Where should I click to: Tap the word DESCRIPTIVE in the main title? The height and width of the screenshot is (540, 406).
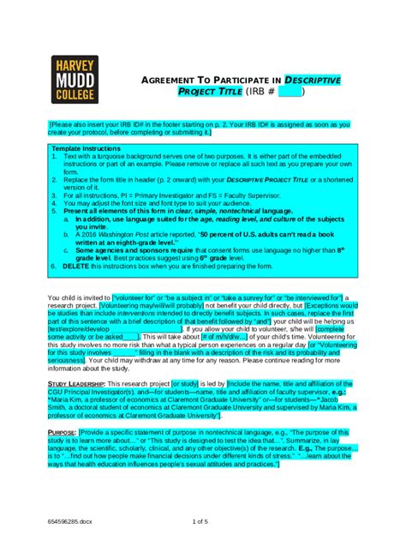pos(309,80)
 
